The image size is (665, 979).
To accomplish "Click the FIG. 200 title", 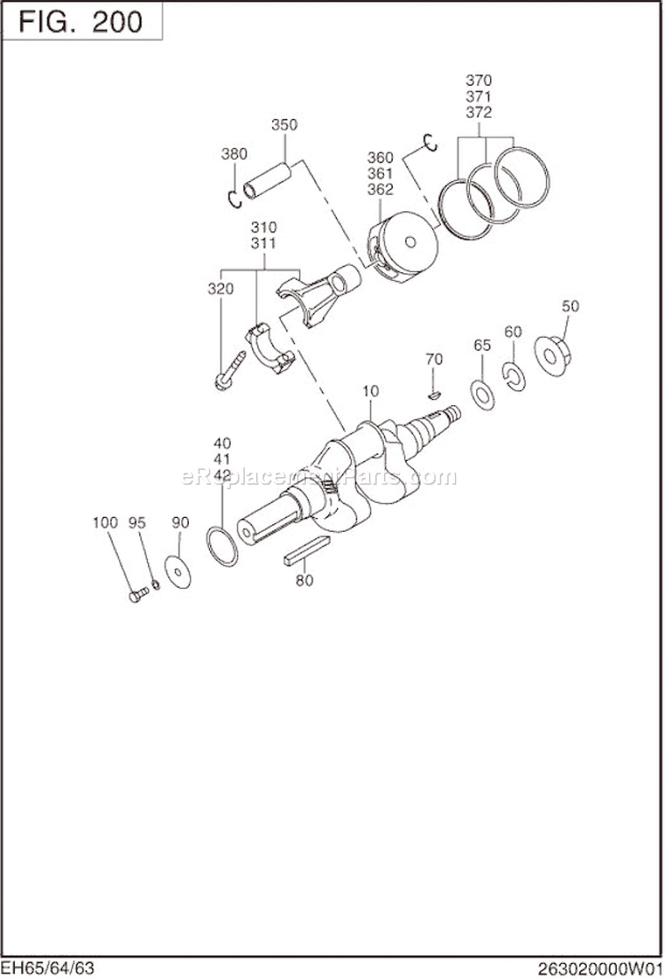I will [81, 20].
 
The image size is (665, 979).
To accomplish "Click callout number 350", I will [284, 125].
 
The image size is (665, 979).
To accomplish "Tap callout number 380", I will [234, 153].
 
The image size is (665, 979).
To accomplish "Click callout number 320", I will [220, 289].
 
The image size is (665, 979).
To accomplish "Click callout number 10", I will [371, 390].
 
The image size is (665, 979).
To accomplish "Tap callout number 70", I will [434, 359].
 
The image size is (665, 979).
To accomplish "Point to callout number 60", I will [512, 332].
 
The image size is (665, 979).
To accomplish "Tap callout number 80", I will [304, 582].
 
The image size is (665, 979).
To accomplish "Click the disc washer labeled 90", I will [179, 572].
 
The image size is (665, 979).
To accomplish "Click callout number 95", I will [137, 523].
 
